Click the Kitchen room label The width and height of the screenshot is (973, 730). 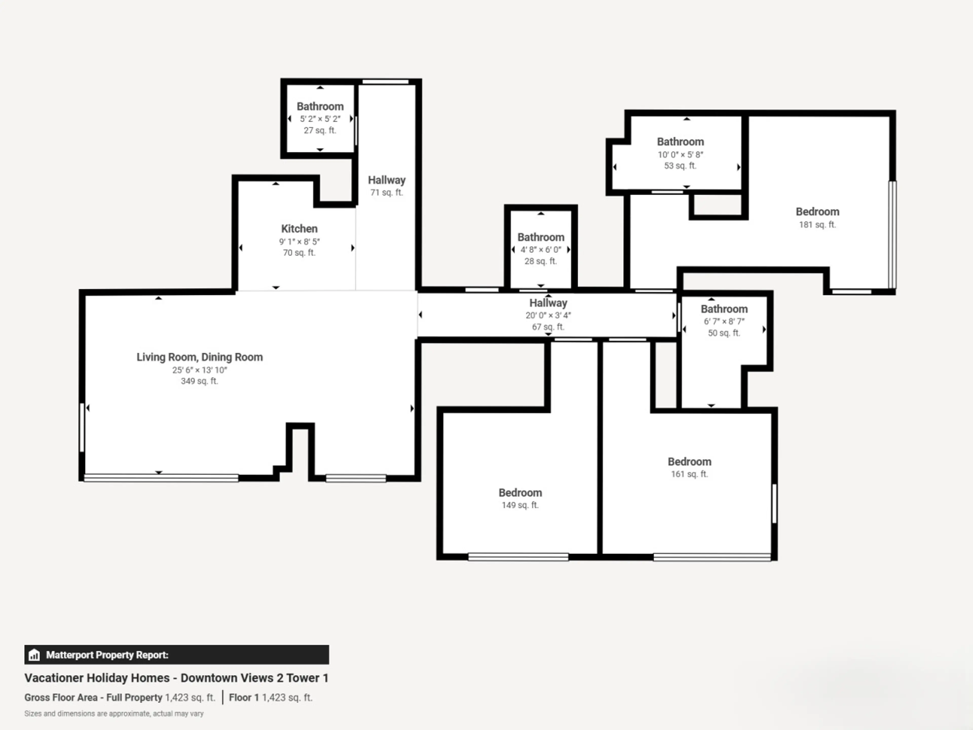299,229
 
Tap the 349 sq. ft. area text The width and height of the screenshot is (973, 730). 199,381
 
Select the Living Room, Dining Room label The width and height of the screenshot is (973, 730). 199,357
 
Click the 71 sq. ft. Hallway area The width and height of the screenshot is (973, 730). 387,192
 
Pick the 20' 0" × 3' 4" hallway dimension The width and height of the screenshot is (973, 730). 548,315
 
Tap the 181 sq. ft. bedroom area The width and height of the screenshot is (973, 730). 817,224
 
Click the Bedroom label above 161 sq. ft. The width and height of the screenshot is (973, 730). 689,462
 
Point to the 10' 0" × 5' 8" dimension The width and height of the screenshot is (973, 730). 680,154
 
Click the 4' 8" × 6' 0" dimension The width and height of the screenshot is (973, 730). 541,249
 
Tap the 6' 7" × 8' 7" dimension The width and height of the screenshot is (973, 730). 724,321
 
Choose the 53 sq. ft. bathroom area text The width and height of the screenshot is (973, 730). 680,166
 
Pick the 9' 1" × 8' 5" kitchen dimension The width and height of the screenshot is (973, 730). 299,242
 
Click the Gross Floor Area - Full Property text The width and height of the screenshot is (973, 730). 93,698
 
